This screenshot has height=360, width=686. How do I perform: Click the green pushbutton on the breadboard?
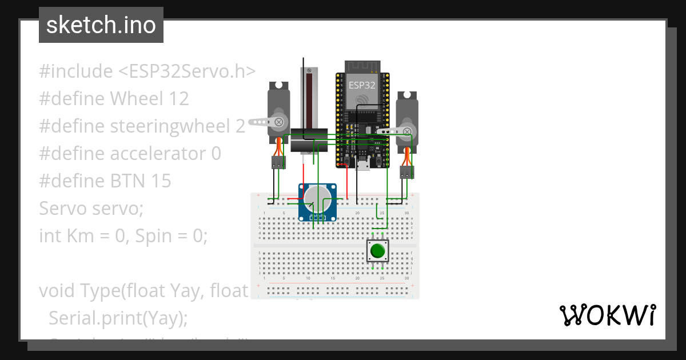pos(377,251)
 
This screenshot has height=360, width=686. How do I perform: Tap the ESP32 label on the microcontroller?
pos(362,85)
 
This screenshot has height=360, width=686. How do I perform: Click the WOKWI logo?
pos(607,314)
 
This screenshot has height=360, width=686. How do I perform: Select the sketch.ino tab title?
pos(101,25)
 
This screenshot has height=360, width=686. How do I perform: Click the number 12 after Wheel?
pos(178,99)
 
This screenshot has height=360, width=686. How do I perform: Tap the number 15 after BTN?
pos(161,181)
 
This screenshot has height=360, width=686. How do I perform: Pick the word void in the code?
pos(57,291)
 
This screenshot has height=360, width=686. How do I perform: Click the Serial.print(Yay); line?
pos(118,318)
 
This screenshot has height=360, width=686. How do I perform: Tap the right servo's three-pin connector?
pos(406,173)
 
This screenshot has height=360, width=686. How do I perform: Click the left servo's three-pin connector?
pos(278,163)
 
